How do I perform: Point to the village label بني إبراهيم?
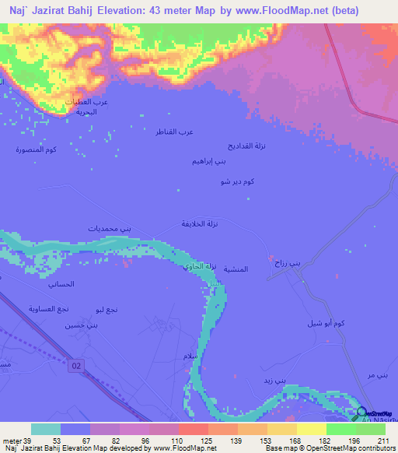[210, 161]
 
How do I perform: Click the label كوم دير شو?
[238, 181]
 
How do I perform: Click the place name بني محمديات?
[110, 228]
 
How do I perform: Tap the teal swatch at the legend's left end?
[46, 429]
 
